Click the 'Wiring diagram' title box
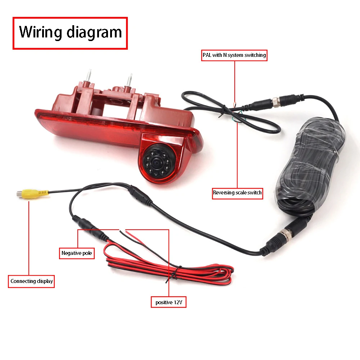tap(70, 33)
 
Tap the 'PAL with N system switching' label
tap(234, 55)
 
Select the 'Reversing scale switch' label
tap(237, 193)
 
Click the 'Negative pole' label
tap(77, 253)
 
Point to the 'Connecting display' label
tap(31, 281)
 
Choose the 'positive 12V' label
tap(168, 302)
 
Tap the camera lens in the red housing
tap(157, 163)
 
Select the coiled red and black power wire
tap(169, 266)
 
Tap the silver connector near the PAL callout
tap(276, 102)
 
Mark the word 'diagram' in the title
tap(94, 33)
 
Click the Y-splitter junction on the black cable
tap(140, 195)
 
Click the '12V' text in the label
tap(178, 302)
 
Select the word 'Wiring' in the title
tap(40, 32)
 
